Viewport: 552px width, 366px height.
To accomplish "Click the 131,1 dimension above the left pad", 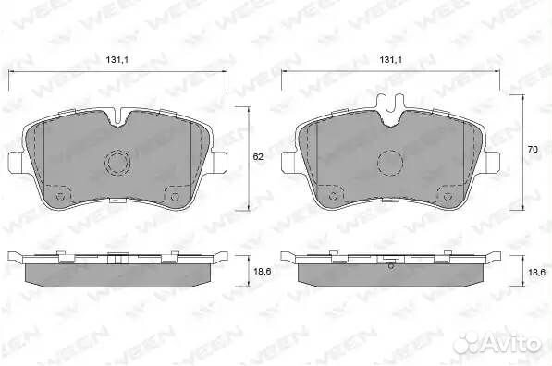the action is [117, 60].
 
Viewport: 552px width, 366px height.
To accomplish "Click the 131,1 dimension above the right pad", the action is [390, 60].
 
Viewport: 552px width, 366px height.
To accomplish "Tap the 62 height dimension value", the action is [258, 157].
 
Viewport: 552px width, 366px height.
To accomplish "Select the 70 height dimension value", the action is [533, 149].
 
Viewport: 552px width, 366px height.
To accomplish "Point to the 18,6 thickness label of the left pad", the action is [262, 272].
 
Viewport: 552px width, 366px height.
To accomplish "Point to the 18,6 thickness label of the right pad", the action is [536, 272].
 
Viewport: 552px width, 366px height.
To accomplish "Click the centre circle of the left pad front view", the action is [117, 163].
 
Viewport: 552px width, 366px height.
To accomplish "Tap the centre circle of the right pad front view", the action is [390, 163].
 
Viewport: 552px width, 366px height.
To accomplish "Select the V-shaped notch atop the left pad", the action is [119, 117].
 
